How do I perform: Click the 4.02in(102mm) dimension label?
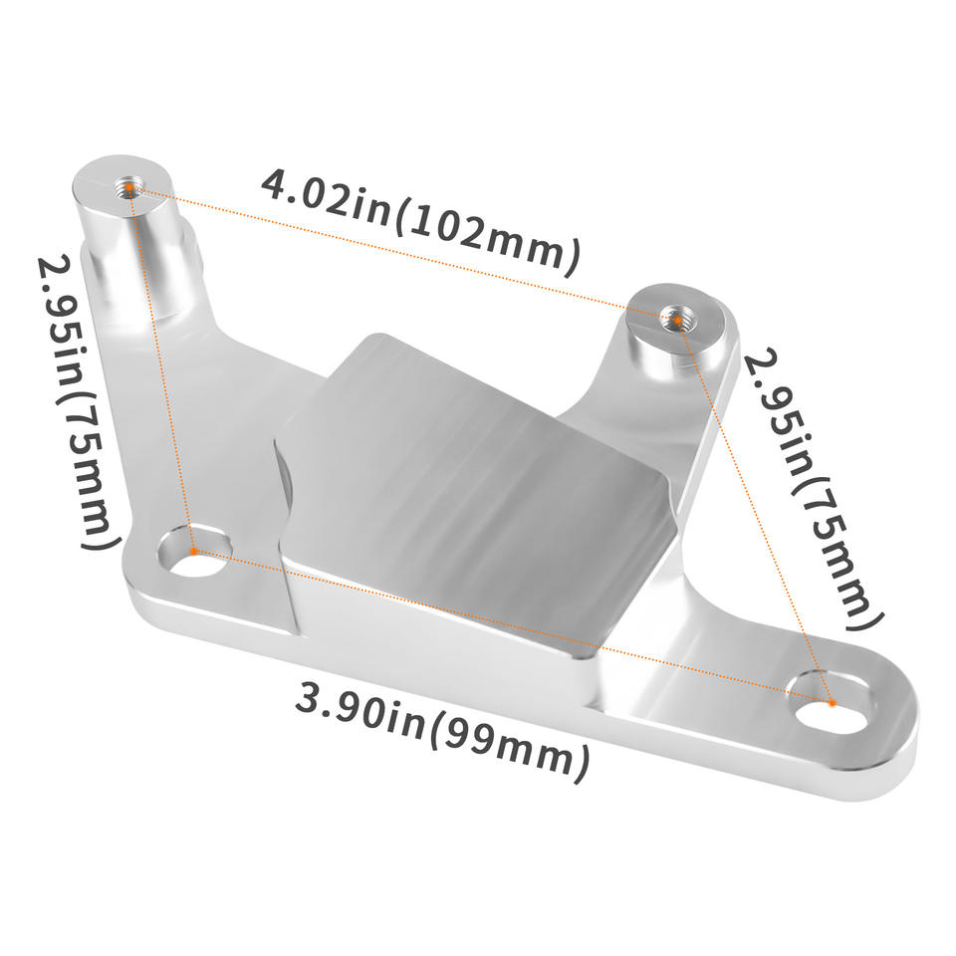(420, 221)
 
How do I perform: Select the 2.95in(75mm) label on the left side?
(78, 402)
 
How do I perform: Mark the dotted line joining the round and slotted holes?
(513, 626)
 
